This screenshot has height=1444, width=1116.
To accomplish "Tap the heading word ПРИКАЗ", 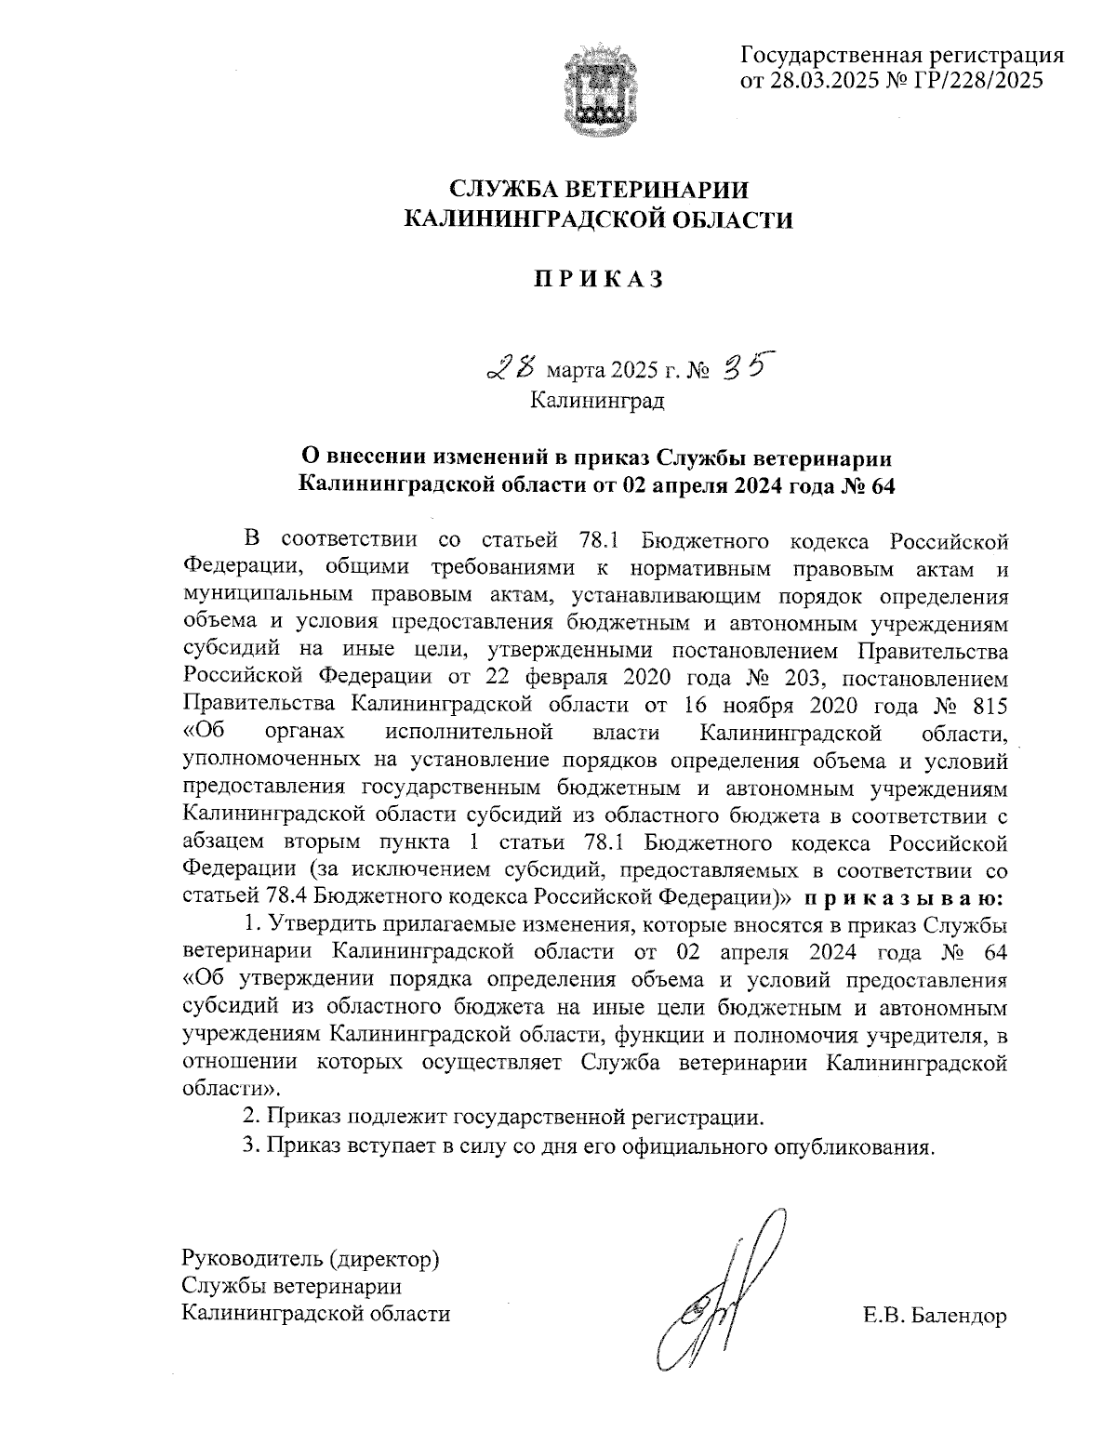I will [598, 279].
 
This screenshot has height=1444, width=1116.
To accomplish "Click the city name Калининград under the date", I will [597, 401].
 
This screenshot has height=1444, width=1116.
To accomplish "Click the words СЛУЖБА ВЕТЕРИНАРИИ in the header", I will [598, 190].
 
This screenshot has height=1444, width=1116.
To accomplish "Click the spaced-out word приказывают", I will [903, 899].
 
